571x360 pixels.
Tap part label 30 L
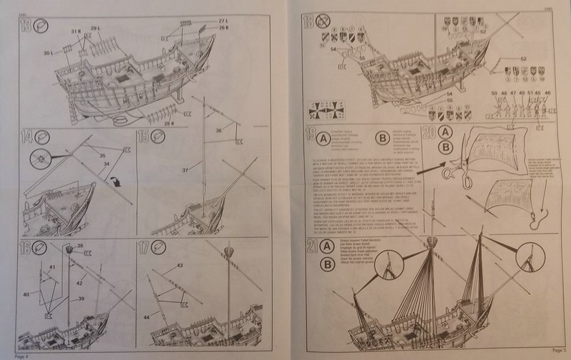(46, 53)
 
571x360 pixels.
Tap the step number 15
(142, 137)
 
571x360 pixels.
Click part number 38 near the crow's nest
(79, 245)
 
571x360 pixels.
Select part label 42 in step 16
(80, 282)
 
